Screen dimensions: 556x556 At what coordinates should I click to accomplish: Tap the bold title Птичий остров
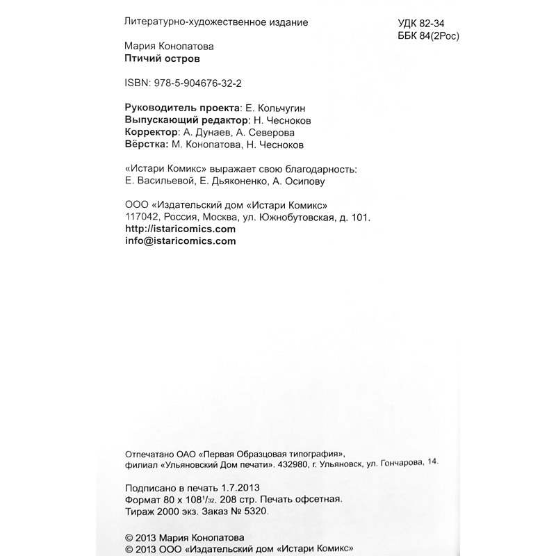click(x=155, y=59)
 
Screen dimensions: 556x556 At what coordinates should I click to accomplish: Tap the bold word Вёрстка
click(x=144, y=145)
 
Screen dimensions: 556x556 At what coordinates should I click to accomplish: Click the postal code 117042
click(x=138, y=217)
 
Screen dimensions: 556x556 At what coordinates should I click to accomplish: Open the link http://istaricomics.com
click(x=179, y=229)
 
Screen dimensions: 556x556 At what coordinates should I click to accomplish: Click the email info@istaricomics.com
click(x=179, y=241)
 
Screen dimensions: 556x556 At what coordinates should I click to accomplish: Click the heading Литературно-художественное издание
click(x=215, y=22)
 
